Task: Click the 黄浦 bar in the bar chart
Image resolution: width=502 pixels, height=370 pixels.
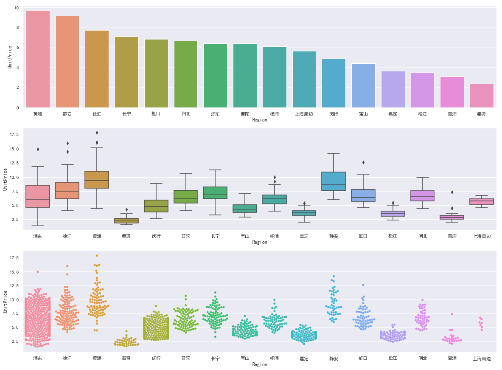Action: tap(38, 59)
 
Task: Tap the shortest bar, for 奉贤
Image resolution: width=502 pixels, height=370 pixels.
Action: tap(482, 96)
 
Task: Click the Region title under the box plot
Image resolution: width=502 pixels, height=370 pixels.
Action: tap(260, 242)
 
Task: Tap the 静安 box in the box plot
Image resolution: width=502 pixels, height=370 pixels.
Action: tap(334, 181)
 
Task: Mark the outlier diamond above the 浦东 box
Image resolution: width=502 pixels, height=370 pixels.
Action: tap(38, 149)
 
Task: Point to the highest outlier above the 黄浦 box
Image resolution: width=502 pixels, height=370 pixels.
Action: tap(97, 133)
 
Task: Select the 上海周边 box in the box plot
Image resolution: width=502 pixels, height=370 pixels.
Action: tap(482, 201)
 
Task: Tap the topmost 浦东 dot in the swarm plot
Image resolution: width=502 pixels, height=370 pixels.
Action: tap(38, 271)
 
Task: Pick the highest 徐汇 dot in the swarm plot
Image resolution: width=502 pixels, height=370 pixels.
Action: tap(67, 266)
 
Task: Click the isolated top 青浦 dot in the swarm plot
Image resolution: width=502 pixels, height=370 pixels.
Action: tap(452, 314)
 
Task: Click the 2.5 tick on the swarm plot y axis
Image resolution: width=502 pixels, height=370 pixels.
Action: tap(15, 342)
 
